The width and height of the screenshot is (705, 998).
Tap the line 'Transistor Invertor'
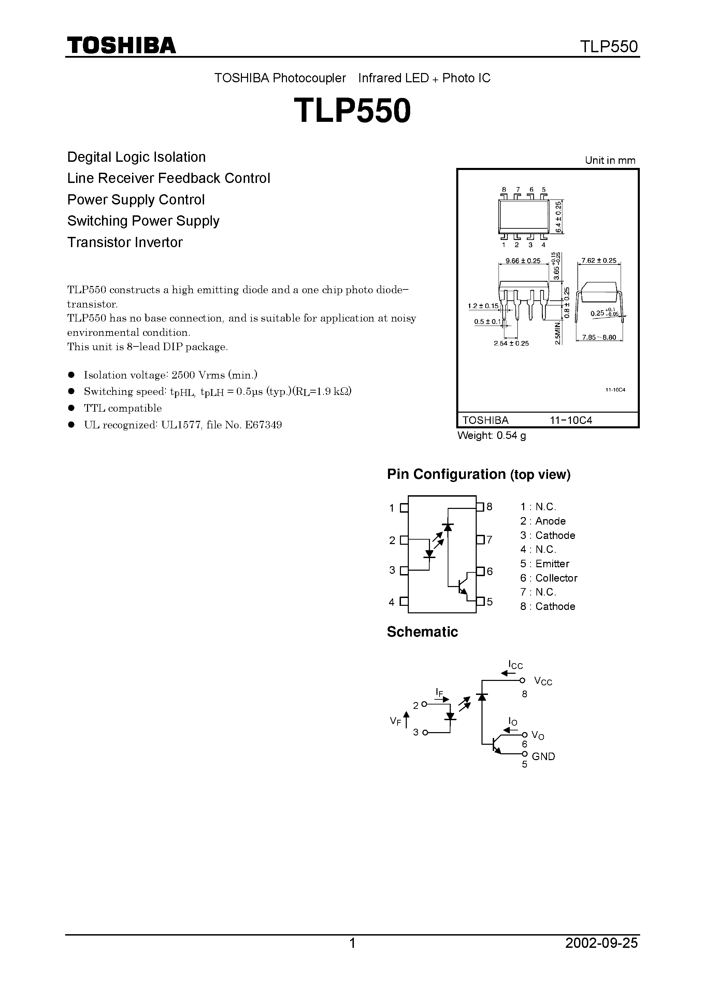[125, 242]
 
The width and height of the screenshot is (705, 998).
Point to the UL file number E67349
[263, 425]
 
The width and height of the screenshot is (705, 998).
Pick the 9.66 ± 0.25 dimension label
[523, 261]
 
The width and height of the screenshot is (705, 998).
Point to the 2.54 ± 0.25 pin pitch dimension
[511, 343]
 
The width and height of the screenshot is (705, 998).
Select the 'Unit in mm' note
[610, 160]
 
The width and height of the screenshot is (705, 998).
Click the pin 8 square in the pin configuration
[480, 507]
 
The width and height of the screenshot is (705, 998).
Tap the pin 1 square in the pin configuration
[404, 508]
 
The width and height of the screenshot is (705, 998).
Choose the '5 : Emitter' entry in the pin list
[545, 564]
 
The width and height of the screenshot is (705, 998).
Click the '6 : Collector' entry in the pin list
[548, 578]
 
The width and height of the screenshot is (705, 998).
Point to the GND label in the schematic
[543, 756]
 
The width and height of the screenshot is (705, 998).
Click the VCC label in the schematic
[543, 682]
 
